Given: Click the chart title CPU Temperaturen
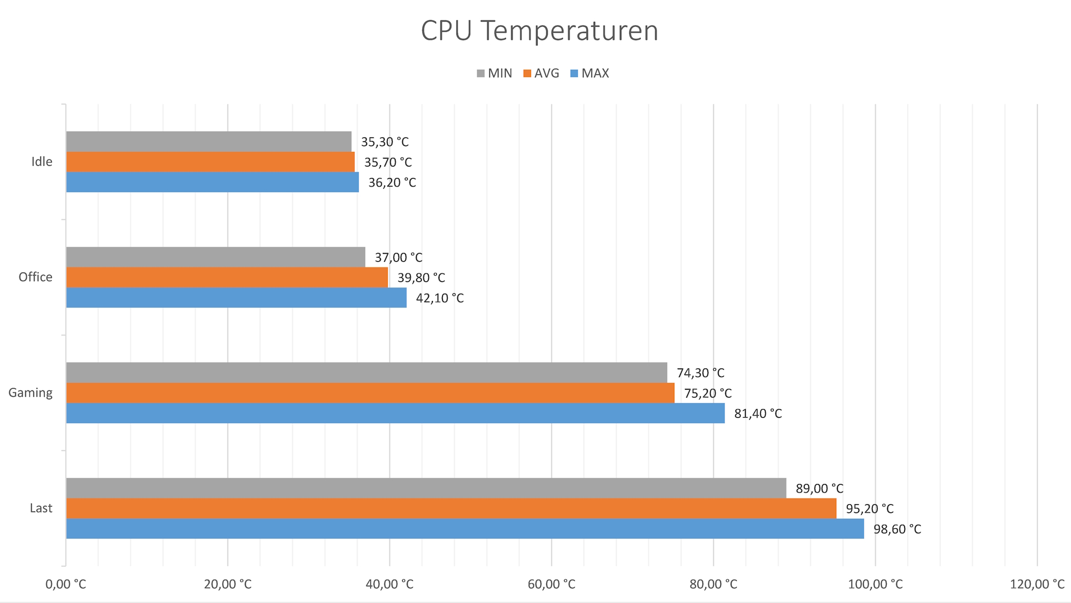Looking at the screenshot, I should (x=539, y=31).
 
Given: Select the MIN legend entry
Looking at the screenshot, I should (x=495, y=73).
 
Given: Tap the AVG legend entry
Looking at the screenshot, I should (x=541, y=73).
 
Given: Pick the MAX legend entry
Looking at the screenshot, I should (x=590, y=73).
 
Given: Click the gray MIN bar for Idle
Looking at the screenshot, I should (x=209, y=141).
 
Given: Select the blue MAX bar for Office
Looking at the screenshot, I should (x=236, y=298).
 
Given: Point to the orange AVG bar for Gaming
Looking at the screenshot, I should (x=370, y=393).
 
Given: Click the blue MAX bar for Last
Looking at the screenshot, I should (x=465, y=529).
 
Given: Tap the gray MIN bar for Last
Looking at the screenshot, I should (x=426, y=488).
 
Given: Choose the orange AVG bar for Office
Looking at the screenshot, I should (x=227, y=277).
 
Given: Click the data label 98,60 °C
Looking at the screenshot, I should (x=897, y=529).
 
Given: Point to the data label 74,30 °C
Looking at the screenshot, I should (x=700, y=373).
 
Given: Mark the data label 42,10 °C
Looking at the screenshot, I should (x=440, y=298).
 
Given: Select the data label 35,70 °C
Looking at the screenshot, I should (x=388, y=162).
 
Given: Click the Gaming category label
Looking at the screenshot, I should (x=31, y=393).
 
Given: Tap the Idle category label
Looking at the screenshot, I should (x=42, y=162).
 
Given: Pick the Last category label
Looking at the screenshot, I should (x=41, y=508).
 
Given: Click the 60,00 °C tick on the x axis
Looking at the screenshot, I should (x=551, y=585).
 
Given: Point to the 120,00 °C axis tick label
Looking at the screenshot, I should (x=1036, y=585).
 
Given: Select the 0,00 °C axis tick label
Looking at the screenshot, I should (x=66, y=585).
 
